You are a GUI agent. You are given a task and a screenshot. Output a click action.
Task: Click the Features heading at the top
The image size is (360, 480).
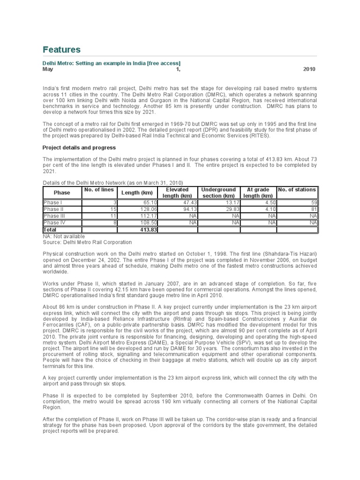61,50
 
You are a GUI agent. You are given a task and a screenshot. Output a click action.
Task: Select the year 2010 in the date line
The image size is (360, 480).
309,69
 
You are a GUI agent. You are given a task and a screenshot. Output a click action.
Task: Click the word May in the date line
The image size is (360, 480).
48,69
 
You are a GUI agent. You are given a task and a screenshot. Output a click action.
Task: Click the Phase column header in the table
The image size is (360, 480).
62,193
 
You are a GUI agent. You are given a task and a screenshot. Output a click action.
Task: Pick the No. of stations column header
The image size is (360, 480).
297,189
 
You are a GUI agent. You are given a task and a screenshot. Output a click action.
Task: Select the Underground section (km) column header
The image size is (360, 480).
218,193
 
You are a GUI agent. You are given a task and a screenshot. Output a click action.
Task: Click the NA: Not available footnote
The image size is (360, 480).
64,237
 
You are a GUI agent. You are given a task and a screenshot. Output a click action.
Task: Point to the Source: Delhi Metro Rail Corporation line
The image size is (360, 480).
87,242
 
